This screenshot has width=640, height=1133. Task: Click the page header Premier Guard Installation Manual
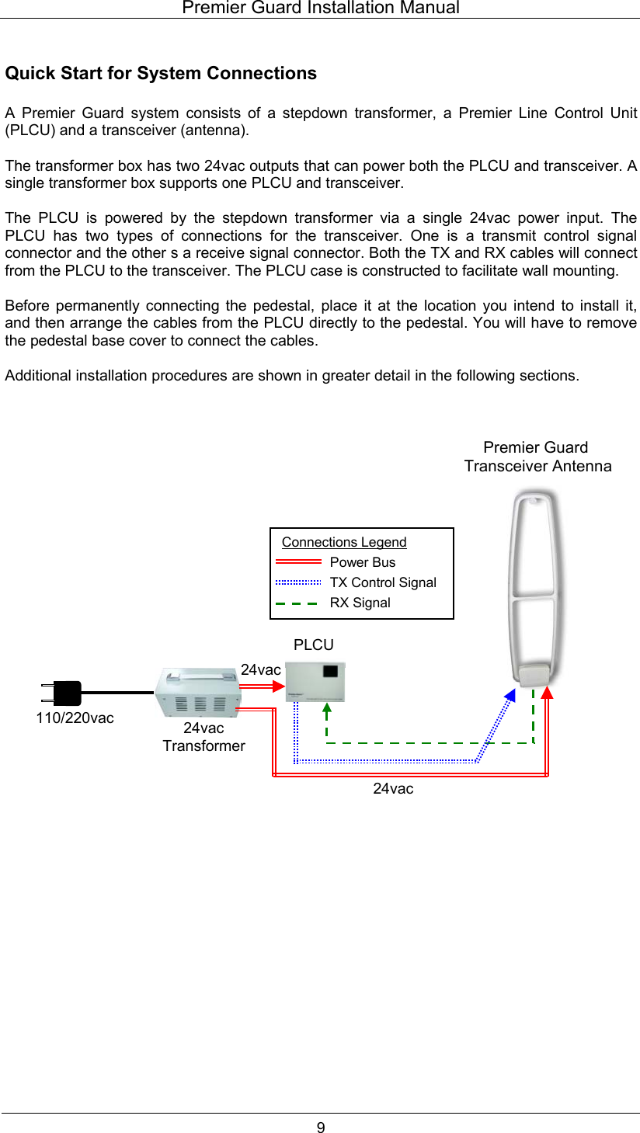click(x=320, y=9)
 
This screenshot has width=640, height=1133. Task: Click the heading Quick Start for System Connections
click(x=161, y=74)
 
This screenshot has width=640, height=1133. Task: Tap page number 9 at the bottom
click(x=320, y=1128)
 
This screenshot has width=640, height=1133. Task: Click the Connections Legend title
click(x=344, y=542)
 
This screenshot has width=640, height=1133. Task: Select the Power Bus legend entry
click(x=362, y=562)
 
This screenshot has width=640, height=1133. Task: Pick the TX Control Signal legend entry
click(x=382, y=582)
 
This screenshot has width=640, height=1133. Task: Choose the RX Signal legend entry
click(x=360, y=603)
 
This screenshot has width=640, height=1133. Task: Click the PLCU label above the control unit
click(x=314, y=645)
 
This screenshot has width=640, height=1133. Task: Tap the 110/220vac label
click(x=75, y=718)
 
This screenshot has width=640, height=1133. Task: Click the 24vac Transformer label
click(x=203, y=737)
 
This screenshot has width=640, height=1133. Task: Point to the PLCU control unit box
click(x=315, y=682)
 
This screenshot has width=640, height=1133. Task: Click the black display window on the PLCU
click(x=332, y=671)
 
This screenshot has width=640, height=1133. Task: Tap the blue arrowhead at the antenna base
click(x=509, y=696)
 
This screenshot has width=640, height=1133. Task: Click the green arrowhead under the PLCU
click(x=327, y=707)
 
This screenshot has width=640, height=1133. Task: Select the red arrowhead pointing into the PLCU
click(x=279, y=685)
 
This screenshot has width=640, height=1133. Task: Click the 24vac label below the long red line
click(x=393, y=789)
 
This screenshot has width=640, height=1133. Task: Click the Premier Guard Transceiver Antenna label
click(x=537, y=457)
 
